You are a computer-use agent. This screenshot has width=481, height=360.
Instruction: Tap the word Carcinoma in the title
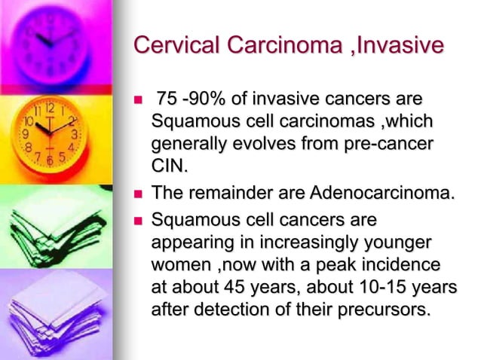275,45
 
